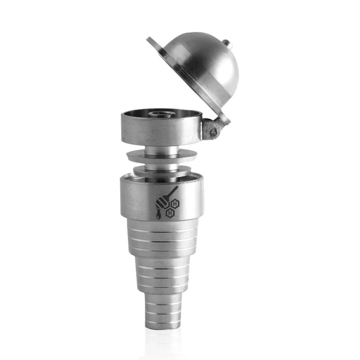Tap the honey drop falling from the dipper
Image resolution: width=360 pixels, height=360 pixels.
click(158, 216)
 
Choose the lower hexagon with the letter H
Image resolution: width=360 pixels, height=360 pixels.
click(170, 213)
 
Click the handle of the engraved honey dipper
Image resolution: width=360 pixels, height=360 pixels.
click(173, 192)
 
